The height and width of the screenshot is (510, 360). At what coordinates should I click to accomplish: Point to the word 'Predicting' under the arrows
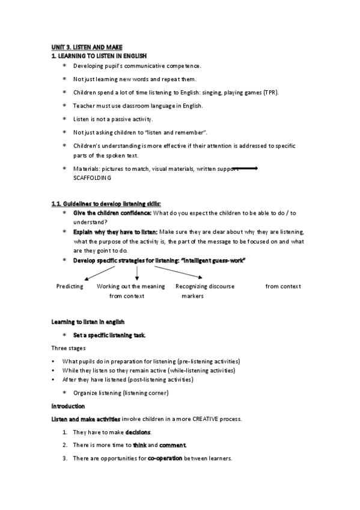point(70,286)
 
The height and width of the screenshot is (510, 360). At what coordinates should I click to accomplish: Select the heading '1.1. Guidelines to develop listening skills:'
point(106,204)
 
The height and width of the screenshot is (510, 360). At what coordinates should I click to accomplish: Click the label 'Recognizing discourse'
point(205,286)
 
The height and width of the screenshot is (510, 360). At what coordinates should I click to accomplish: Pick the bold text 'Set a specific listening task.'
point(109,334)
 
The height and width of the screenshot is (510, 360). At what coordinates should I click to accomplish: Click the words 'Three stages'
point(68,348)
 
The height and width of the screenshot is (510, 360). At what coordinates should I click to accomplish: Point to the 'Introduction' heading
point(69,406)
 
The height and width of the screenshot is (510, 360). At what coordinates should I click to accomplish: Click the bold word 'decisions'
point(138,432)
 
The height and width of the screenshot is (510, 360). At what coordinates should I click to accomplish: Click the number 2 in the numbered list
point(65,445)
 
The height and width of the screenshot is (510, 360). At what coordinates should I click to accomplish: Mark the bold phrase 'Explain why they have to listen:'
point(115,232)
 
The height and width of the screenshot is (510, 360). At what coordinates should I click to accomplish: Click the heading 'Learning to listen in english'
point(88,322)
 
